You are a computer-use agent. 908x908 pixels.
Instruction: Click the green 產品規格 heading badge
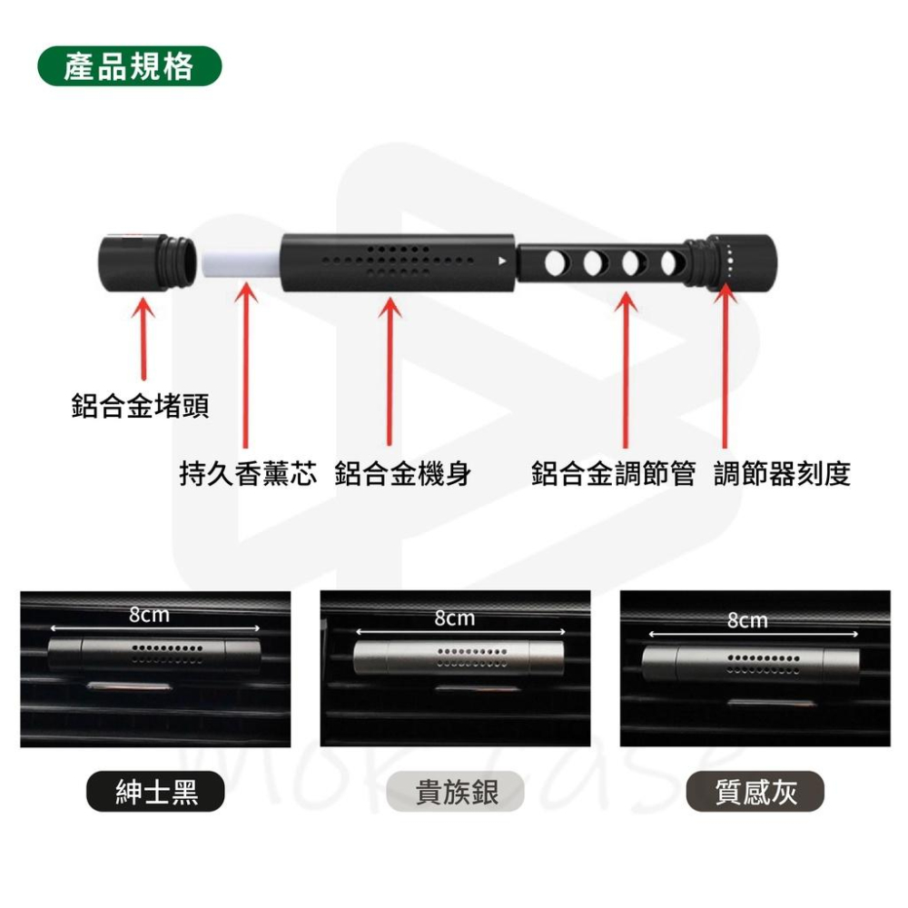130,66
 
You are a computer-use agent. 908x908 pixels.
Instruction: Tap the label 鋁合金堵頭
140,405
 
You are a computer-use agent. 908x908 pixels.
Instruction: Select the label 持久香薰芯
249,474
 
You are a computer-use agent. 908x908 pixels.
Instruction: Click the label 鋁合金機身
403,474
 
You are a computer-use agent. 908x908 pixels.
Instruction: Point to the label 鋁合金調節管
613,474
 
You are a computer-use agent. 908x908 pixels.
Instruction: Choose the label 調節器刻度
783,474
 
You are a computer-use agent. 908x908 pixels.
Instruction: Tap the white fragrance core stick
242,264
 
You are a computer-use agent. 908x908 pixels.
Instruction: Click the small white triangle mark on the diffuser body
502,262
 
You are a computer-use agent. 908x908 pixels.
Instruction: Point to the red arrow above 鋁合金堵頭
143,338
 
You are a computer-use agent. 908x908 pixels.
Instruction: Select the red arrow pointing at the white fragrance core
246,365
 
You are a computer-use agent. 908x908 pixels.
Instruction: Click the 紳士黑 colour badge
155,792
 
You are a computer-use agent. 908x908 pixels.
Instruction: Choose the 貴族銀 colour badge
456,792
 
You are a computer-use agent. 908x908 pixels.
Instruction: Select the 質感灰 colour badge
755,792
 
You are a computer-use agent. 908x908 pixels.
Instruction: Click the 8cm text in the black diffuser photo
149,615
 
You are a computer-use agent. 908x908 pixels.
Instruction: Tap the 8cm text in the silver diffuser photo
455,618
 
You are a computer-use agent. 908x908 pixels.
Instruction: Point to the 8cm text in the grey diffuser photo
747,621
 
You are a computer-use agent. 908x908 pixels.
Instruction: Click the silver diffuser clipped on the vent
459,657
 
